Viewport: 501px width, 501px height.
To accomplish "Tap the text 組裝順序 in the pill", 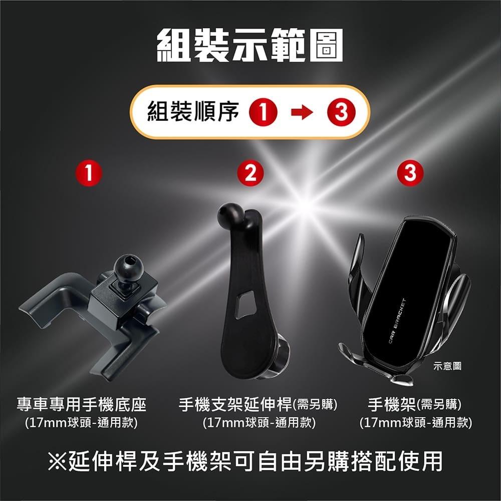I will pos(192,112).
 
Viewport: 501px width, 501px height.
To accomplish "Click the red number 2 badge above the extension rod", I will pos(250,173).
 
